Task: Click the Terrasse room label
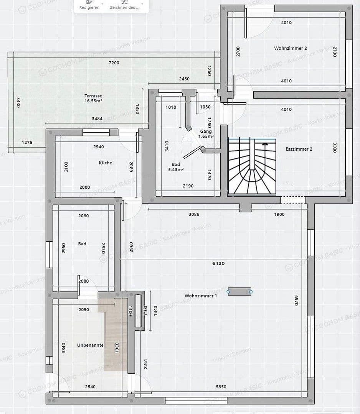pos(93,95)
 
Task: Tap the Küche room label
pos(106,163)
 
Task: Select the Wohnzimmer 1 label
pos(201,296)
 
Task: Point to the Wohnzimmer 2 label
pos(290,48)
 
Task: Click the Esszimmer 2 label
pos(299,149)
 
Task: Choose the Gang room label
pos(206,131)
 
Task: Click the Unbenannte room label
pos(90,345)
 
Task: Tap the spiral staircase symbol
pos(252,167)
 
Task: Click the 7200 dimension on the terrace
pos(114,63)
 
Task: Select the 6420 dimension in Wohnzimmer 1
pos(218,263)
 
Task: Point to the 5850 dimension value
pos(221,387)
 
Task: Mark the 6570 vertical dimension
pos(296,300)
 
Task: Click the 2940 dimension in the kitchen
pos(99,146)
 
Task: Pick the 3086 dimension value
pos(194,214)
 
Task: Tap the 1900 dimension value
pos(279,214)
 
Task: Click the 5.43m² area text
pos(176,169)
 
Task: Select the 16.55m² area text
pos(93,101)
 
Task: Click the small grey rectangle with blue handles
pos(239,292)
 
